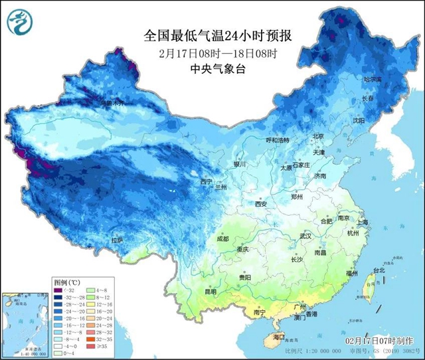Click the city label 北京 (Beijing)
(318, 136)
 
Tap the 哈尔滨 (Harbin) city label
(373, 79)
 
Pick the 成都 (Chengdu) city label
(221, 238)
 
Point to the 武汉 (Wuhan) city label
(305, 236)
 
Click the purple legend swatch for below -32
(59, 291)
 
